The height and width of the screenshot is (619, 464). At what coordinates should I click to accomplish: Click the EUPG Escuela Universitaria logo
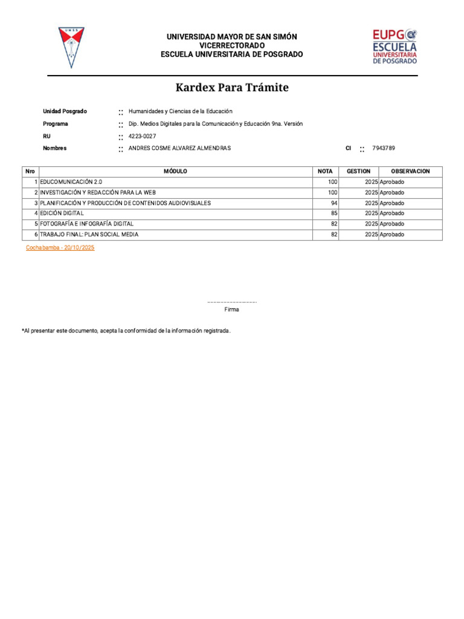tap(395, 47)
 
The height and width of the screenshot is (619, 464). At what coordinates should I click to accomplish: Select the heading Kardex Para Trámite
tap(232, 88)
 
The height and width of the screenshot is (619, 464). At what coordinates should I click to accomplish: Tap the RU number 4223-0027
tap(143, 136)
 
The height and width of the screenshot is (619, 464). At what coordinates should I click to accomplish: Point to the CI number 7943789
tap(384, 148)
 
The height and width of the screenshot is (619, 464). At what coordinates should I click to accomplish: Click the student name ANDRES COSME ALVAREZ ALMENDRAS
tap(179, 148)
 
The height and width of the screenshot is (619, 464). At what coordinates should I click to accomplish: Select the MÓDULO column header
tap(175, 171)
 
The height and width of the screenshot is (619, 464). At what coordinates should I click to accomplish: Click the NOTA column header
tap(325, 171)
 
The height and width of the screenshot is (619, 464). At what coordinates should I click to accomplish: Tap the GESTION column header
tap(358, 171)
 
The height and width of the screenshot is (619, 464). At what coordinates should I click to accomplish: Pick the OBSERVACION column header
tap(410, 171)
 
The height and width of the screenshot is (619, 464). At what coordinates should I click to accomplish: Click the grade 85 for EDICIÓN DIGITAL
tap(333, 213)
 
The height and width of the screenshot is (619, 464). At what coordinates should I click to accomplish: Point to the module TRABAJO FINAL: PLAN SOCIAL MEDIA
tap(89, 235)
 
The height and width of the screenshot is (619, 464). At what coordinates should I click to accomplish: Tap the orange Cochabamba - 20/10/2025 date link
tap(60, 248)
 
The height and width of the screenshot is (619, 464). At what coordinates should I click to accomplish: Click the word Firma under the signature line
tap(231, 309)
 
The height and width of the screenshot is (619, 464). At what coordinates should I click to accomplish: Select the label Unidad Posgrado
tap(65, 111)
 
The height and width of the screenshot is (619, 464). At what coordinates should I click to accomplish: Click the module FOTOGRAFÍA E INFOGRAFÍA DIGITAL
tap(86, 224)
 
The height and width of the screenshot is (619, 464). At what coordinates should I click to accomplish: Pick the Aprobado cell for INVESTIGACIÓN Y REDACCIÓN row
tap(392, 192)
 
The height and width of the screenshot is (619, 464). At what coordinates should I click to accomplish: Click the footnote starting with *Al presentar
tap(126, 331)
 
